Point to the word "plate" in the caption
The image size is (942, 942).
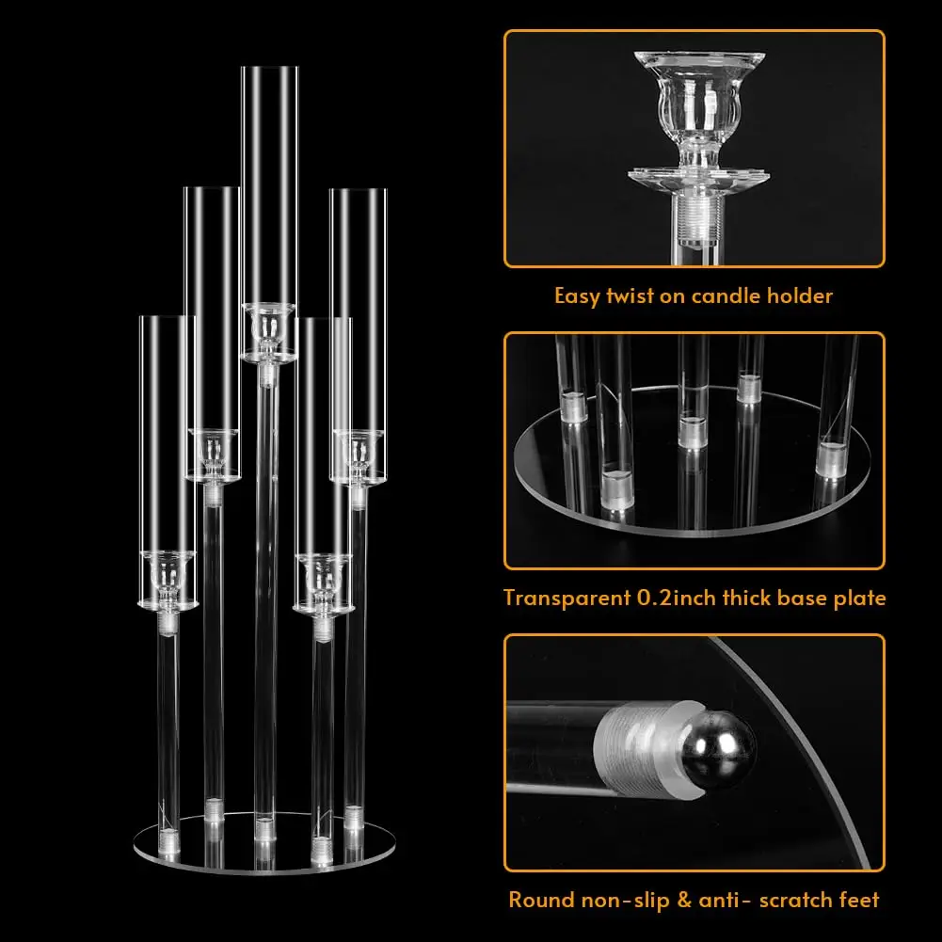(x=856, y=598)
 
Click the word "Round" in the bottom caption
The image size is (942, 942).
(x=542, y=900)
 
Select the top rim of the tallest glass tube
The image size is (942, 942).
(x=269, y=68)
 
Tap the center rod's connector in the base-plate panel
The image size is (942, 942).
(x=693, y=431)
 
